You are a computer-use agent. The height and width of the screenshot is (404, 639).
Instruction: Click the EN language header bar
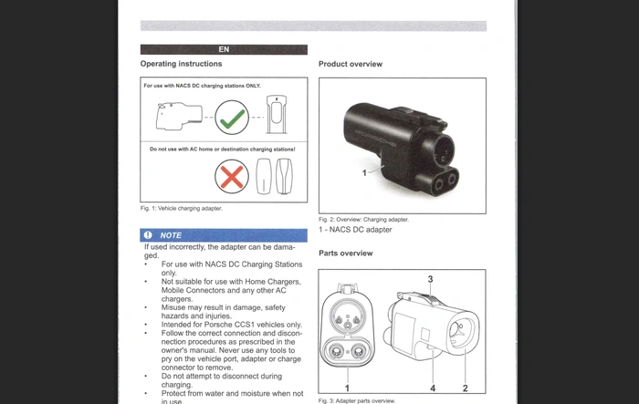coord(224,49)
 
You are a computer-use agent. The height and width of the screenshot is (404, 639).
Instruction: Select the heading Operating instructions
coord(181,64)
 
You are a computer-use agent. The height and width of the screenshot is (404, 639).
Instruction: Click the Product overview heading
coord(350,64)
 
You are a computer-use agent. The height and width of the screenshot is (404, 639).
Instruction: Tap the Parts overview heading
coord(345,253)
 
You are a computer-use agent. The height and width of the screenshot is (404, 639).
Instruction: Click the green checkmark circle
coord(231,117)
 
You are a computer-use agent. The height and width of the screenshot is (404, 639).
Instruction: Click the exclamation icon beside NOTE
coord(148,235)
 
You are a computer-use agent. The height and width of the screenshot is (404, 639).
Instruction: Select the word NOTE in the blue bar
coord(171,235)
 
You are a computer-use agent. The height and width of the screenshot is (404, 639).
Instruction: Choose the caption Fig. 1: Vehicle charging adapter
coord(181,209)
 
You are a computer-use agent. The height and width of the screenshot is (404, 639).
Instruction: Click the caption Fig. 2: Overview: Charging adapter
coord(363,220)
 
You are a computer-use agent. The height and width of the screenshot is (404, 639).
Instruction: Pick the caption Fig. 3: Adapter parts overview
coord(357,400)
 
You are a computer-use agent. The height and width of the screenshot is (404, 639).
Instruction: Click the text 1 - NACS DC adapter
coord(355,230)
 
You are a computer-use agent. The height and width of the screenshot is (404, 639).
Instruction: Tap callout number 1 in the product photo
coord(363,171)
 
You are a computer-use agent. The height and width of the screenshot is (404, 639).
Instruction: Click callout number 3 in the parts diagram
coord(430,279)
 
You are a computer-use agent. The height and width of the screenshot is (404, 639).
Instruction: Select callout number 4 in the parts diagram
coord(433,388)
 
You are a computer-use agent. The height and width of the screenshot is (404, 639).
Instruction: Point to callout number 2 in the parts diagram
coord(465,388)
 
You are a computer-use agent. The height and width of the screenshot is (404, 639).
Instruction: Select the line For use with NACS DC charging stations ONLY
coord(202,86)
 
